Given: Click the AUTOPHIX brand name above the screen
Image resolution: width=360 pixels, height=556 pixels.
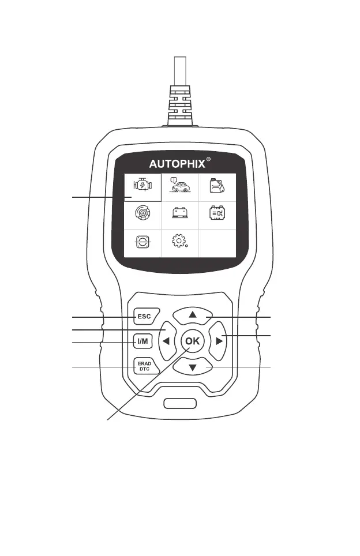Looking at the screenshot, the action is click(x=177, y=163).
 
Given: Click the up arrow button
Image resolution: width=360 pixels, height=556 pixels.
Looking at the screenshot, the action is click(x=193, y=315).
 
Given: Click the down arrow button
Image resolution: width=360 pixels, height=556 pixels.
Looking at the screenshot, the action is click(x=193, y=367).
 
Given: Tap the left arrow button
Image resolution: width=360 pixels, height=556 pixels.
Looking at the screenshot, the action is click(x=166, y=341).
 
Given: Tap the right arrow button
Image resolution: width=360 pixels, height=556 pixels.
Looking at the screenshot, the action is click(x=219, y=341).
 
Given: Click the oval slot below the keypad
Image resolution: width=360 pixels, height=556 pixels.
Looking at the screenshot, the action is click(x=180, y=403).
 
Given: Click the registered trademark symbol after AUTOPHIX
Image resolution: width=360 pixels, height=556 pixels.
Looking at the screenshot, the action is click(x=208, y=159).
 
